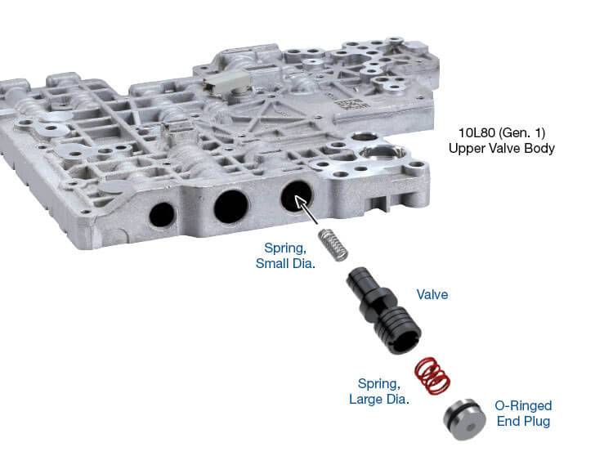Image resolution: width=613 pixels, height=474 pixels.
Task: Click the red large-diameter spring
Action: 432,376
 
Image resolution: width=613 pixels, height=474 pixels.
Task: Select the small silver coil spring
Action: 333,244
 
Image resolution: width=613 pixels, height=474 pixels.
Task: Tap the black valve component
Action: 383,311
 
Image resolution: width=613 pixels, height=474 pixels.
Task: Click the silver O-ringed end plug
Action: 464,419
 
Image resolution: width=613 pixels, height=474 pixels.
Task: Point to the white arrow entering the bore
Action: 306,210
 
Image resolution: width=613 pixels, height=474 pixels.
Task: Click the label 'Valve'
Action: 432,294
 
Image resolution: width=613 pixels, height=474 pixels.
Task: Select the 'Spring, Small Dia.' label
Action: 285,256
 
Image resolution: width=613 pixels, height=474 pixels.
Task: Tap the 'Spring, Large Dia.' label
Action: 378,391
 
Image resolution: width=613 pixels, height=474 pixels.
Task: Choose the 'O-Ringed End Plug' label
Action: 523,414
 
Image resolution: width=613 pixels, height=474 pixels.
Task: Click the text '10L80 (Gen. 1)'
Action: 502,133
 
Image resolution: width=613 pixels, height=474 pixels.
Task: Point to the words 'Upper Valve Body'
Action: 502,149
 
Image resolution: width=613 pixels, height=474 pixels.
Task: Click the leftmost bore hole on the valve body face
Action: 162,215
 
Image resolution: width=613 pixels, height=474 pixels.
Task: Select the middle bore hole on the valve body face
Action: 231,206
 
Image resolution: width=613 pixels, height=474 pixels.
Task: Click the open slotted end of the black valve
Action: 406,341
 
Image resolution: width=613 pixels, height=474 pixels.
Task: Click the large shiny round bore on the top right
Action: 381,153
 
